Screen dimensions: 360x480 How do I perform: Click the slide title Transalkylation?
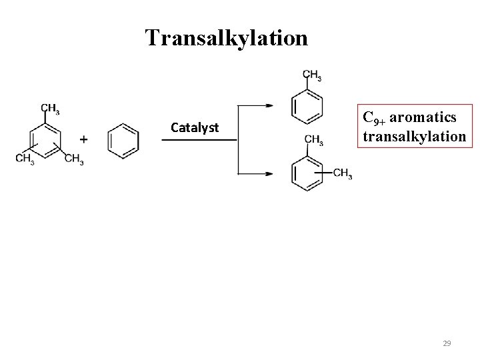click(227, 37)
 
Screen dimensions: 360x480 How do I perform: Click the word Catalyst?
click(195, 127)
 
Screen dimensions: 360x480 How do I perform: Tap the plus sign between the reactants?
click(83, 139)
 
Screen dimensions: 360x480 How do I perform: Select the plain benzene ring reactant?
click(123, 141)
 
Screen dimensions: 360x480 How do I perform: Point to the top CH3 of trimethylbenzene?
click(49, 108)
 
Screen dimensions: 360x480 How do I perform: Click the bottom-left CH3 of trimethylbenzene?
click(25, 159)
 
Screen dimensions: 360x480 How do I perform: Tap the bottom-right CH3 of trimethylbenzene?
click(73, 159)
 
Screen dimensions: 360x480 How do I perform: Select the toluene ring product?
click(307, 107)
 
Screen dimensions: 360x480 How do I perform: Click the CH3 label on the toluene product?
click(312, 75)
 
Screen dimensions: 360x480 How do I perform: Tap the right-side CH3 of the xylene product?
click(343, 174)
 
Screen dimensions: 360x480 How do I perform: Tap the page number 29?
click(447, 343)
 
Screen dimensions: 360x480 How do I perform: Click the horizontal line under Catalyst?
click(200, 140)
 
